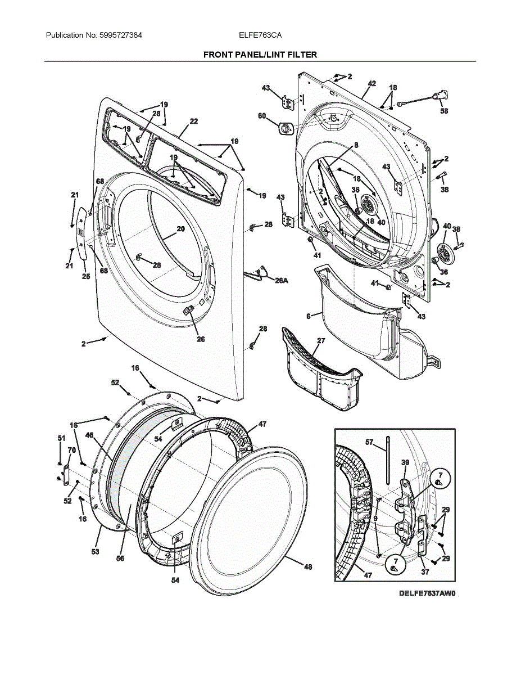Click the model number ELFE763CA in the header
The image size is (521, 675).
click(x=260, y=35)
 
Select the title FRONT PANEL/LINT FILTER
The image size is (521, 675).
click(x=260, y=55)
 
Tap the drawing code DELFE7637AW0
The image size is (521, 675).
click(x=427, y=593)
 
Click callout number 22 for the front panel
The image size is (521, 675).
click(x=193, y=121)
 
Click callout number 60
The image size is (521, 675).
click(x=262, y=116)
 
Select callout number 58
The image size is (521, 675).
click(x=444, y=111)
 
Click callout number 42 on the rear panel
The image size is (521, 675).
click(x=372, y=83)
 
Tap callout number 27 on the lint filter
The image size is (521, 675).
click(x=321, y=341)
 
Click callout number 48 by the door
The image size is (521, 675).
click(x=308, y=566)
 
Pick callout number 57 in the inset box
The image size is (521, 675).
click(x=369, y=443)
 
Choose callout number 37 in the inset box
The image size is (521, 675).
click(x=425, y=572)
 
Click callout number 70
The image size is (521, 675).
click(x=71, y=450)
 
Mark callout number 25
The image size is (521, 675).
click(x=86, y=276)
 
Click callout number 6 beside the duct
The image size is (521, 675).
click(x=308, y=317)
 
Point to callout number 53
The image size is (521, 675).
click(x=96, y=552)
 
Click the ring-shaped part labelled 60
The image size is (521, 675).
click(x=284, y=128)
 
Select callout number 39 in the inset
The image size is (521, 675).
click(x=405, y=462)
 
